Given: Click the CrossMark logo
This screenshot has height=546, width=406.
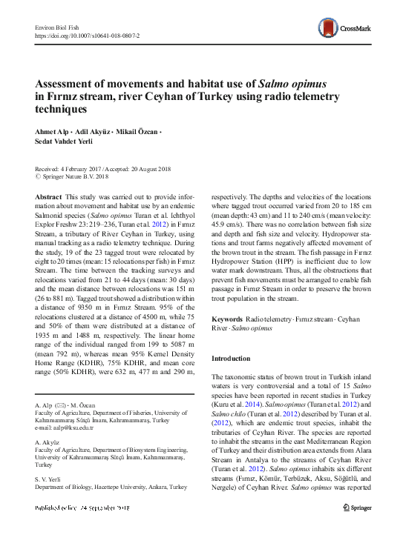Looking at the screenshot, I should click(x=350, y=28).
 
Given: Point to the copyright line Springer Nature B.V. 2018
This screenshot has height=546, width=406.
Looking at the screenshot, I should click(x=75, y=176).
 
